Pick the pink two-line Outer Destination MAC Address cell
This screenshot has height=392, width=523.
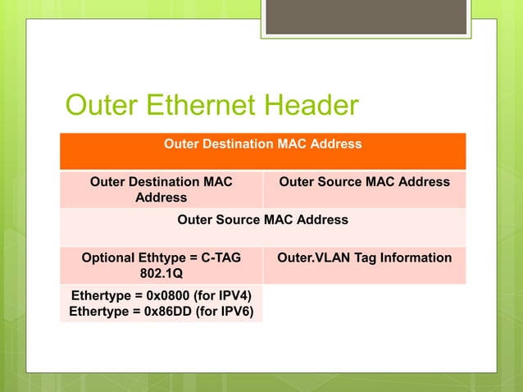[161, 189]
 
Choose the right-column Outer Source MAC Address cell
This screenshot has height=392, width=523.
[364, 181]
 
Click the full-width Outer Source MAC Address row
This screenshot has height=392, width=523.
[262, 220]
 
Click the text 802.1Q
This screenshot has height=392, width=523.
[161, 274]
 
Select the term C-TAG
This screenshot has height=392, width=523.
[221, 258]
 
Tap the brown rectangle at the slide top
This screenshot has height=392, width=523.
[366, 16]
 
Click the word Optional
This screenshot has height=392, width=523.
[110, 258]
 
